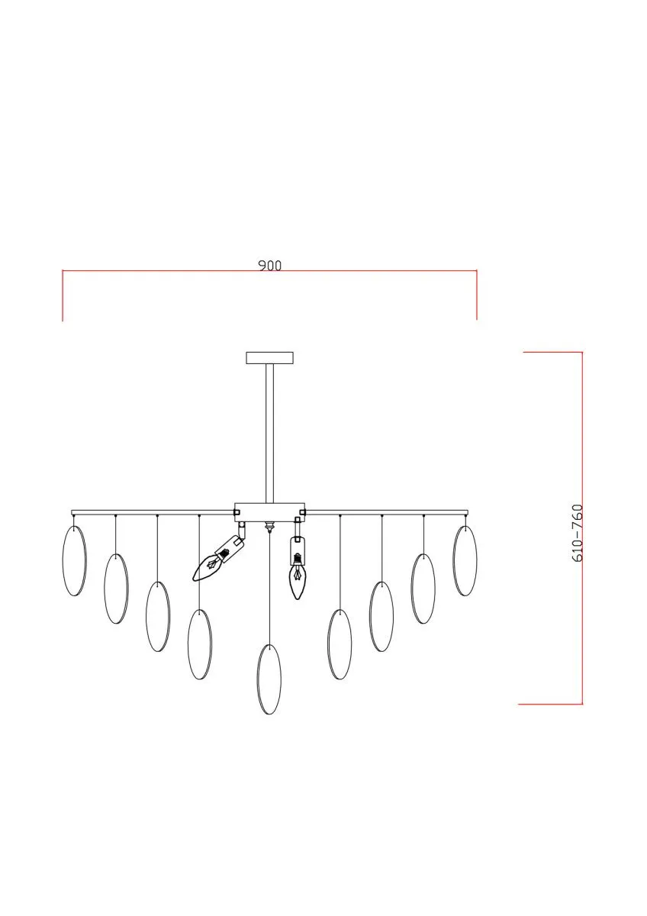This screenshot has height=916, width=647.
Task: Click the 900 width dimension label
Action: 270,266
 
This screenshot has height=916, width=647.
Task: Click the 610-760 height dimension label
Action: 577,534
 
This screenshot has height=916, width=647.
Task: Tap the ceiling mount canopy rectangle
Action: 270,358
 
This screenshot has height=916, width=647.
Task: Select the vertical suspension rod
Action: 270,434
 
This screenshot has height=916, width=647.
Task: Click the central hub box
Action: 270,512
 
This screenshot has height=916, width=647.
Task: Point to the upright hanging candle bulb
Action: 298,576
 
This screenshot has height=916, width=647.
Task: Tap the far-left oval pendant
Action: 74,560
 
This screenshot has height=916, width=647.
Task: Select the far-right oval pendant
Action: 465,560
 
